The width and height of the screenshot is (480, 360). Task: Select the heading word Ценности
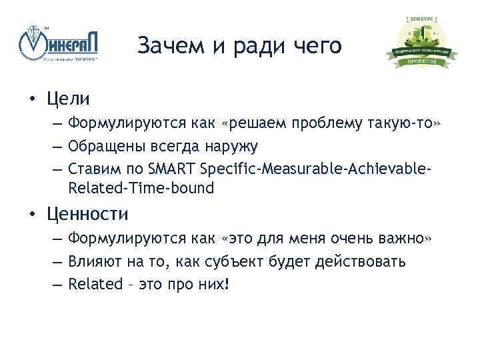click(x=87, y=214)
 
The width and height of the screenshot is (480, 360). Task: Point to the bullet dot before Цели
click(x=31, y=100)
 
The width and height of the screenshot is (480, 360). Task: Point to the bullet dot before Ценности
click(x=31, y=215)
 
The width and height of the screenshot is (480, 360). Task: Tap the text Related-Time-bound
click(x=141, y=188)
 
